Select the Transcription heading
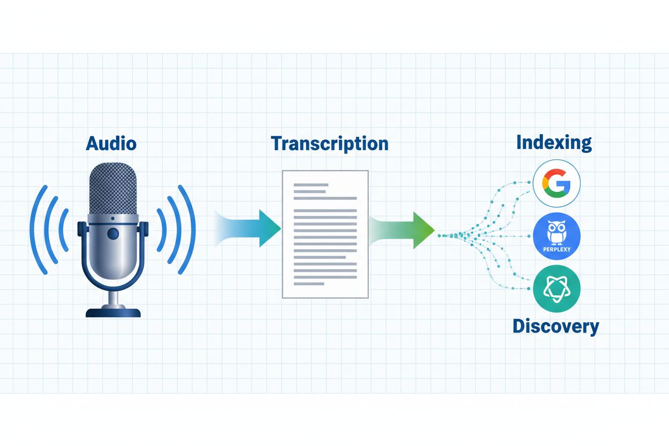click(x=329, y=143)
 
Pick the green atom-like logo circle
click(x=557, y=288)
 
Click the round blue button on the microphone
click(x=113, y=234)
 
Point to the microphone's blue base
click(x=113, y=311)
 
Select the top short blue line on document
click(x=310, y=185)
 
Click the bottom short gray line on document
click(x=309, y=284)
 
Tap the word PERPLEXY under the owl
click(x=557, y=249)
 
